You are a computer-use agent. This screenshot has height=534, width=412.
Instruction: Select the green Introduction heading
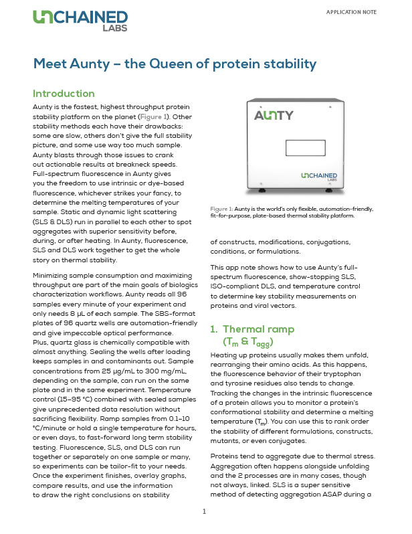click(64, 93)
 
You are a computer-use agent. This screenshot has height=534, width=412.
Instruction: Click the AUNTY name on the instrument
click(273, 115)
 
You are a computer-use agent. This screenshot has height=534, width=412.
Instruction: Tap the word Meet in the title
click(52, 64)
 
